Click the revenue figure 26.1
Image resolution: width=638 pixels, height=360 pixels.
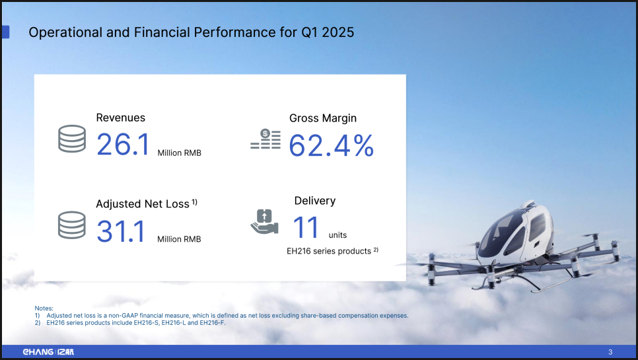123,145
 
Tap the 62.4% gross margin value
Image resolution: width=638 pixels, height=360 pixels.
331,145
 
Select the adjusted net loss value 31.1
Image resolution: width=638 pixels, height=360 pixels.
120,231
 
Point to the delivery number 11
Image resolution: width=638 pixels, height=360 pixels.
306,227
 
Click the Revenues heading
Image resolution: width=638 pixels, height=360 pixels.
120,118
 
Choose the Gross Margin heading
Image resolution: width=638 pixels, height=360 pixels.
323,118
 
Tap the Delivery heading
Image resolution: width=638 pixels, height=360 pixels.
315,201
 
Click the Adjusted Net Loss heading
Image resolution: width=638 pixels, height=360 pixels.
143,204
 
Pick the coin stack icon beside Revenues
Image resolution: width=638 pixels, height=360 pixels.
72,139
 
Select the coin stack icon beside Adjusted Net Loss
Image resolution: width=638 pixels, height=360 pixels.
72,225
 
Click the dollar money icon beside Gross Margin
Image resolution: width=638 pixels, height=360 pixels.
266,139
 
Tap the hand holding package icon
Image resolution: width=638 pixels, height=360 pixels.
264,222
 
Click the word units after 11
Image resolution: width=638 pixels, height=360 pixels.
337,235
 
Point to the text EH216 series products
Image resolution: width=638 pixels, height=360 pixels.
329,251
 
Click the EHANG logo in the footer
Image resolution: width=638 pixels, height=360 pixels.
48,352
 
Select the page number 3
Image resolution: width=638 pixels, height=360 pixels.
610,352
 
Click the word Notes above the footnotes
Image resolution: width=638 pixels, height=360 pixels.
44,308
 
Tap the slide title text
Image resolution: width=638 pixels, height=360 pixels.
192,32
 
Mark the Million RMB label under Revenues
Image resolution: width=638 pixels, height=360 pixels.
180,153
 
